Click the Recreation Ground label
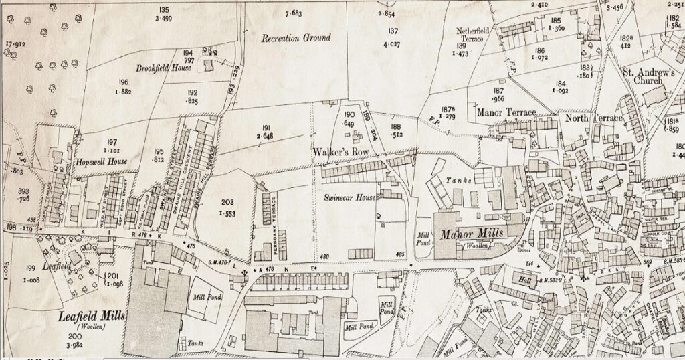click(296, 38)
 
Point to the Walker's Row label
click(340, 152)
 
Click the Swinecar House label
click(347, 198)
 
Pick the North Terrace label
click(593, 118)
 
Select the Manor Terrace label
click(506, 113)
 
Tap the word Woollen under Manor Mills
click(476, 247)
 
